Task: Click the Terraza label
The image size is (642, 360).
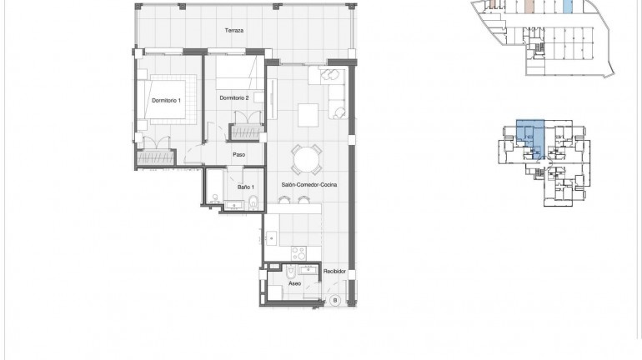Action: [233, 31]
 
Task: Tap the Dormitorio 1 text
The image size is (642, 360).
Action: [165, 100]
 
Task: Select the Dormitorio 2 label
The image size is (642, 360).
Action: [234, 97]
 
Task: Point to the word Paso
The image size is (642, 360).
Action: [238, 154]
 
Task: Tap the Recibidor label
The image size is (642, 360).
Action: [335, 271]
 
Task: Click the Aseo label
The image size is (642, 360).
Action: [294, 283]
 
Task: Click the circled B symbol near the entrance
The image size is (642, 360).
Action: [335, 300]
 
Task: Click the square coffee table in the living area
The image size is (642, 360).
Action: [309, 112]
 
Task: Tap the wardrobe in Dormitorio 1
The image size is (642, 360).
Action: [154, 155]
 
